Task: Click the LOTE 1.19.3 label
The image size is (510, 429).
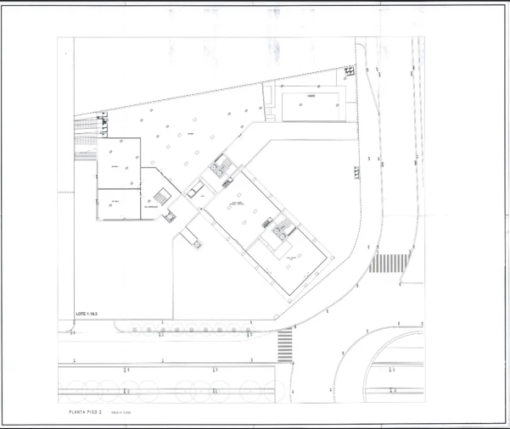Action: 86,314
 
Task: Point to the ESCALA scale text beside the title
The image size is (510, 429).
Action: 120,412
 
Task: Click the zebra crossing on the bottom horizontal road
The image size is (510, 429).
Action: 285,344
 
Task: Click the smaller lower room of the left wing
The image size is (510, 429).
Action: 117,203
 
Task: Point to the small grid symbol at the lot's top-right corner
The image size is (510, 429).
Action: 349,73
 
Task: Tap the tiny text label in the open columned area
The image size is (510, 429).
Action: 192,134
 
